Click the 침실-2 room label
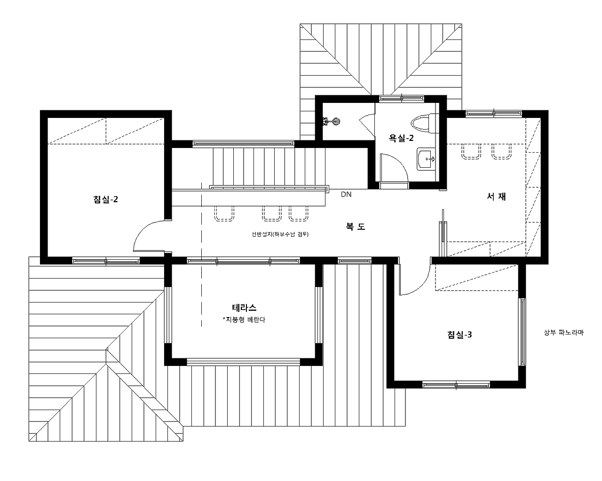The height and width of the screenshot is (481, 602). pyautogui.click(x=105, y=199)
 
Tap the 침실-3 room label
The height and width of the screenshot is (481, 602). pyautogui.click(x=459, y=334)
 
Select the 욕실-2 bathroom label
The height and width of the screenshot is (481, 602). pyautogui.click(x=401, y=138)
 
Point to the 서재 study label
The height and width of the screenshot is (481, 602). pyautogui.click(x=496, y=196)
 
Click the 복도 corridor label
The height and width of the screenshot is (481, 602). pyautogui.click(x=356, y=226)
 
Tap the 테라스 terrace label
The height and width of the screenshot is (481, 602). pyautogui.click(x=244, y=308)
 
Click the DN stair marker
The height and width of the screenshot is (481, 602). pyautogui.click(x=346, y=194)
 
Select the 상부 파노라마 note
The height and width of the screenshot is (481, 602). pyautogui.click(x=564, y=332)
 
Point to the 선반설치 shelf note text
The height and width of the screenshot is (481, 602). pyautogui.click(x=280, y=234)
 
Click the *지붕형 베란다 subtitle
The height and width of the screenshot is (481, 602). pyautogui.click(x=244, y=319)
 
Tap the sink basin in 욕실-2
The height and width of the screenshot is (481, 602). pyautogui.click(x=426, y=159)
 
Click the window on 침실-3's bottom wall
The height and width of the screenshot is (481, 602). pyautogui.click(x=456, y=385)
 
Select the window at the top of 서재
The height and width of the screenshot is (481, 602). pyautogui.click(x=494, y=114)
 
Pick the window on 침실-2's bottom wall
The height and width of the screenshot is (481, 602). pyautogui.click(x=106, y=261)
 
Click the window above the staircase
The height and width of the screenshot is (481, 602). pyautogui.click(x=243, y=144)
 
